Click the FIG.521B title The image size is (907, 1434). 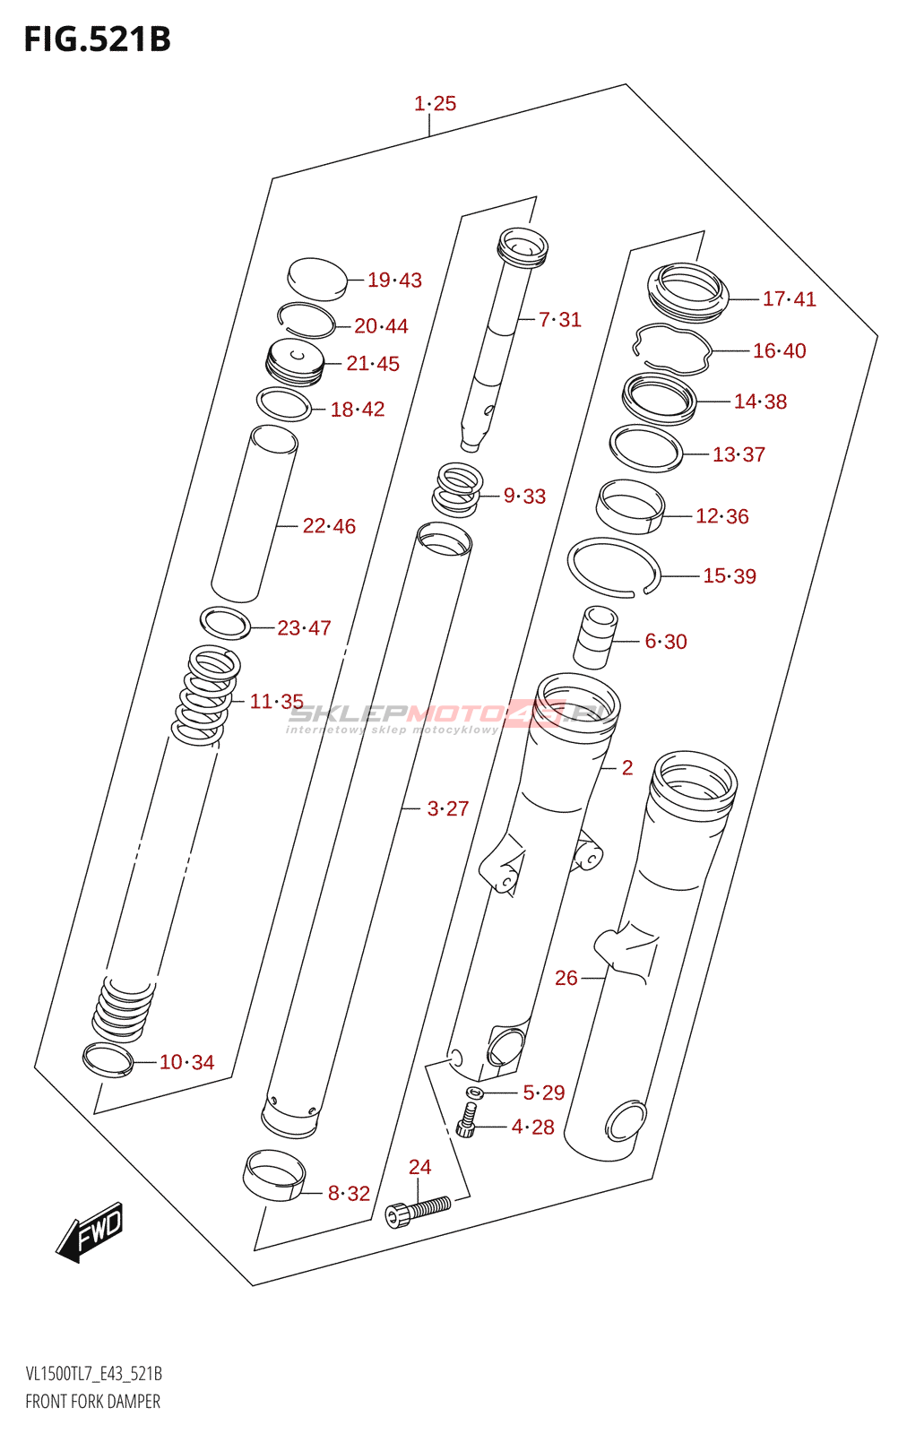[x=98, y=39]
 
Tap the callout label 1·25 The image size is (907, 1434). [x=435, y=104]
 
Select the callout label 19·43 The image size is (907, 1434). [x=394, y=280]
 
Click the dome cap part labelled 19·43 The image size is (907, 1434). [x=317, y=279]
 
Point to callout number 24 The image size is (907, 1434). [x=420, y=1167]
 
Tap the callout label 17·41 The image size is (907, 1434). [x=790, y=299]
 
